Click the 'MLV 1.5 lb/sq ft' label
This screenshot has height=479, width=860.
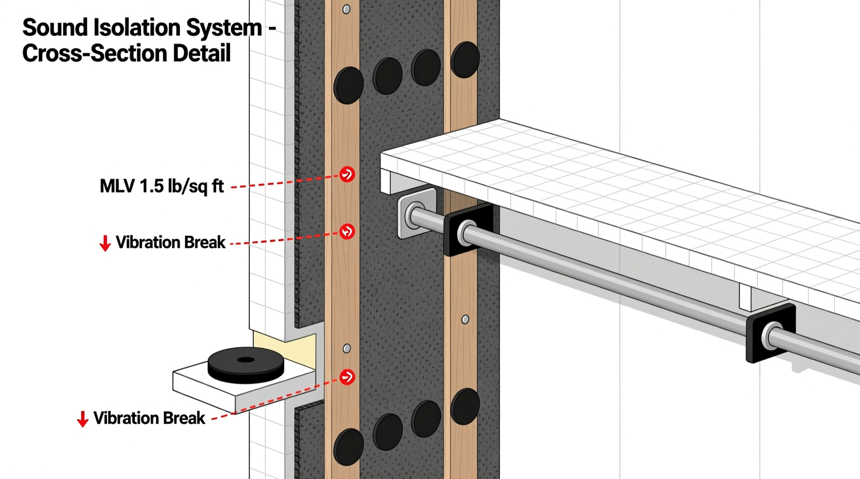click(x=162, y=186)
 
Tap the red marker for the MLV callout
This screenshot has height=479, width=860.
click(x=347, y=174)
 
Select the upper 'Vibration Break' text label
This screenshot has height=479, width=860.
click(x=170, y=243)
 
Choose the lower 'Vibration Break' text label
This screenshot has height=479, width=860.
click(x=149, y=418)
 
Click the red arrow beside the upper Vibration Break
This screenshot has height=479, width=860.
click(x=105, y=243)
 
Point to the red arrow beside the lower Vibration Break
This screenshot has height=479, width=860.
click(x=82, y=419)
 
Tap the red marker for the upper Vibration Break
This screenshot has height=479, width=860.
click(x=347, y=231)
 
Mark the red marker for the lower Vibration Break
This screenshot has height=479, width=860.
click(x=347, y=376)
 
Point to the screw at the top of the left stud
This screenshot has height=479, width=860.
click(x=347, y=9)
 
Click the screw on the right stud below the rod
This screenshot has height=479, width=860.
click(x=465, y=320)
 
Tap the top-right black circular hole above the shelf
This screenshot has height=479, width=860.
click(x=465, y=59)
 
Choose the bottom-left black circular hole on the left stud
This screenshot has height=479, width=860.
click(x=349, y=447)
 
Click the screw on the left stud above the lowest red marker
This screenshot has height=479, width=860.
click(x=347, y=349)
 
